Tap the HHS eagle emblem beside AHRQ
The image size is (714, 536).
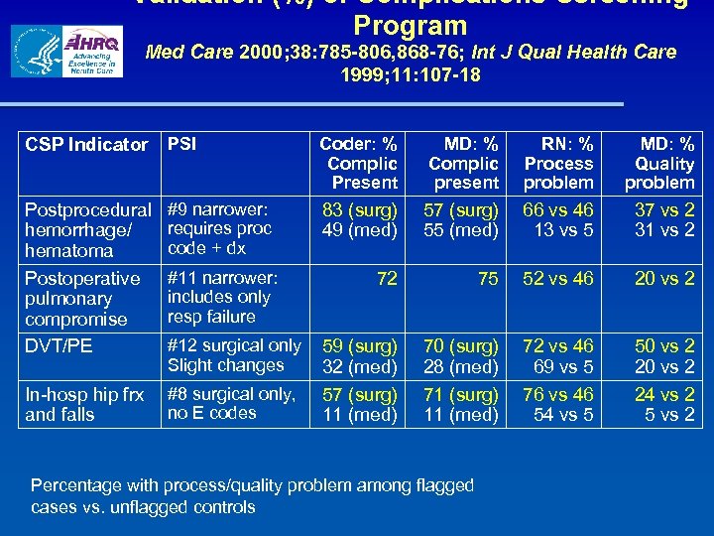coord(36,52)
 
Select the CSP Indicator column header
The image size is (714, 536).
coord(86,145)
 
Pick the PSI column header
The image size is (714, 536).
coord(181,144)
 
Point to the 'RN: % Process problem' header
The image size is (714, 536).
coord(558,163)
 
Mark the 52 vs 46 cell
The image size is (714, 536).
coord(558,279)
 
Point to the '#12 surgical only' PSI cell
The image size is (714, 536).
coord(234,345)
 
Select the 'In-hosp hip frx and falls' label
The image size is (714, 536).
coord(84,404)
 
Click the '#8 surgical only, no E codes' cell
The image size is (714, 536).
coord(231,403)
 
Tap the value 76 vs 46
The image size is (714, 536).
coord(558,394)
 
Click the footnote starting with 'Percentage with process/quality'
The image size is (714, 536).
coord(252,495)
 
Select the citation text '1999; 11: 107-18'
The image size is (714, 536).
coord(410,74)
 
